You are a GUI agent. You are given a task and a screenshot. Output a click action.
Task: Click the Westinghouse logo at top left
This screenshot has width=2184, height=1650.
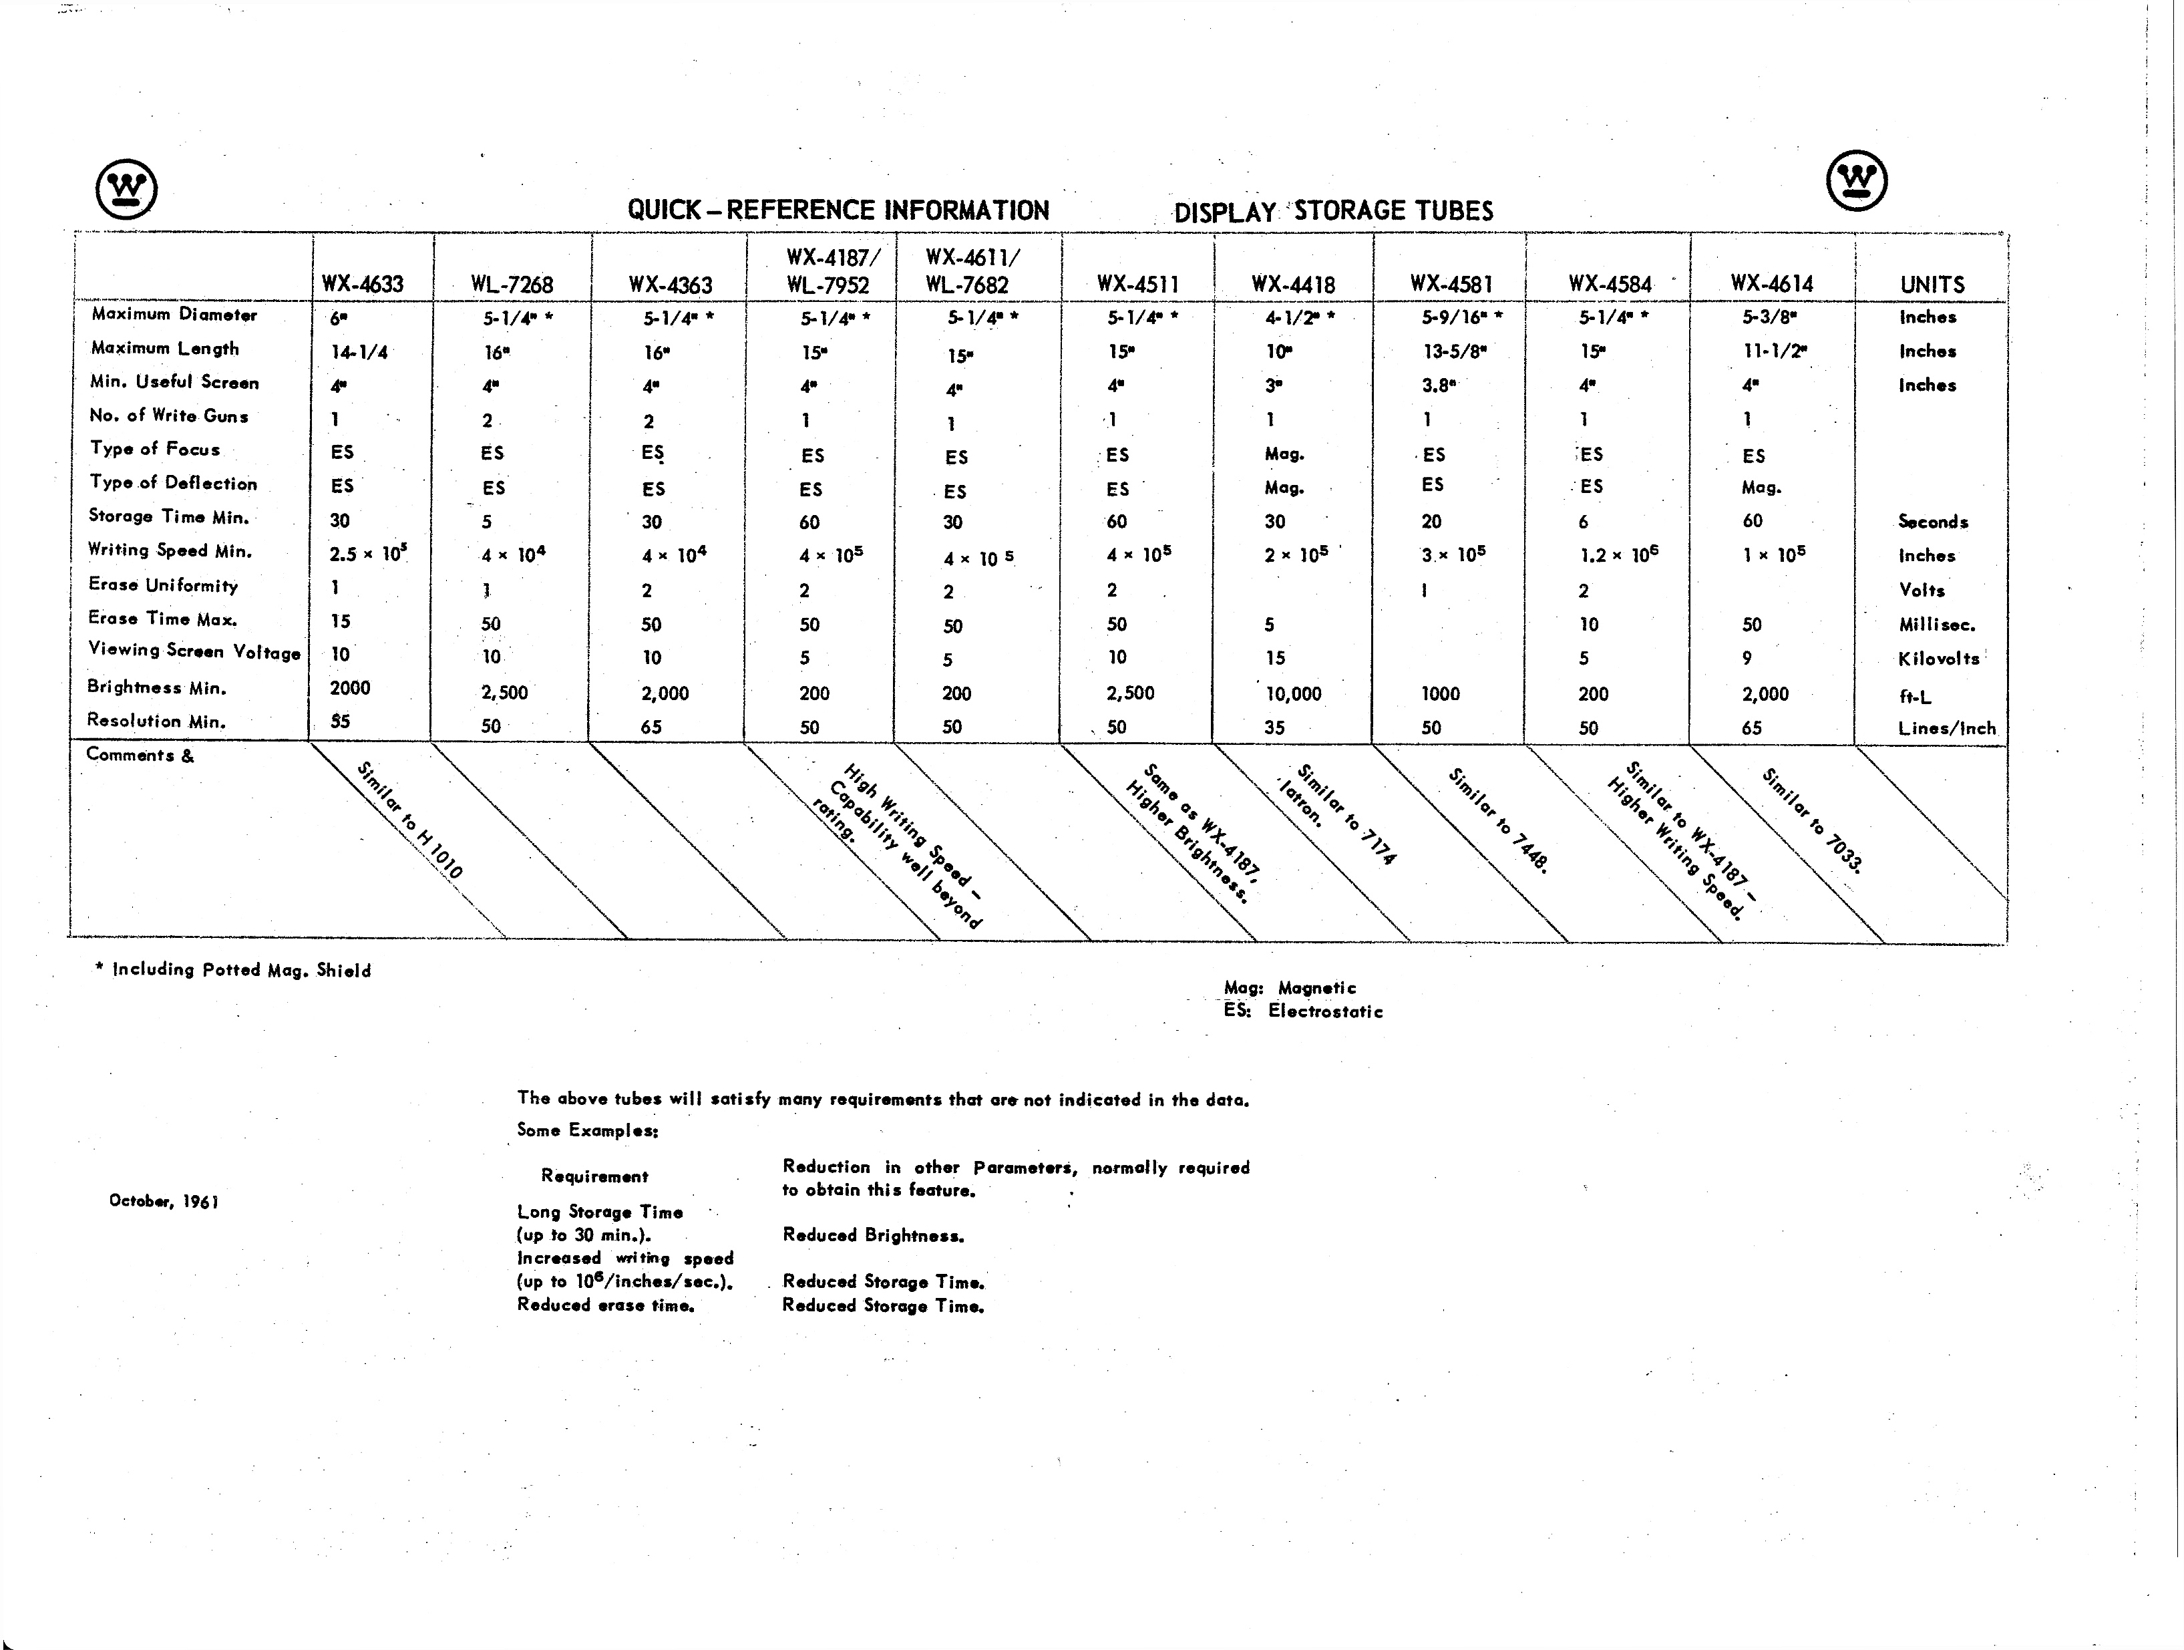(x=126, y=188)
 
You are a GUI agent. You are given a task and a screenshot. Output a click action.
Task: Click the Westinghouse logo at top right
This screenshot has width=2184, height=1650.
(x=1856, y=181)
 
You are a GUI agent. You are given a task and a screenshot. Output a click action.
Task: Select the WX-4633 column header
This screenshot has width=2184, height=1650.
(x=363, y=285)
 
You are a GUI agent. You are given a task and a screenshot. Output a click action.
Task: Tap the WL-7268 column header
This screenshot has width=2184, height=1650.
(x=512, y=285)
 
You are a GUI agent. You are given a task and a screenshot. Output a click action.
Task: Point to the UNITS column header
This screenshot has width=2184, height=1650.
(x=1932, y=285)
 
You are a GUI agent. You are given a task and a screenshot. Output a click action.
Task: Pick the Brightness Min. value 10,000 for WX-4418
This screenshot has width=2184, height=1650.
(x=1292, y=693)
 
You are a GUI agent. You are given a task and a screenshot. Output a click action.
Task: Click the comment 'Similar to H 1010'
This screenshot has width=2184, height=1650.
(x=409, y=820)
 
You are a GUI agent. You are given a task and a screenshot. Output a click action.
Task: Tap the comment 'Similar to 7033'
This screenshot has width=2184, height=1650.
(x=1812, y=820)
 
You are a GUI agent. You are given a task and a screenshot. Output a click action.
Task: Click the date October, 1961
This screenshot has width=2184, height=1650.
(x=164, y=1200)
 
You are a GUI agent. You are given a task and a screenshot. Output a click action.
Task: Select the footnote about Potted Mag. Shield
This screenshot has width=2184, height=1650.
(x=233, y=970)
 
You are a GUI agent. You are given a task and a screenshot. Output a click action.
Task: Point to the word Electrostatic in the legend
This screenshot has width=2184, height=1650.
(x=1325, y=1011)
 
